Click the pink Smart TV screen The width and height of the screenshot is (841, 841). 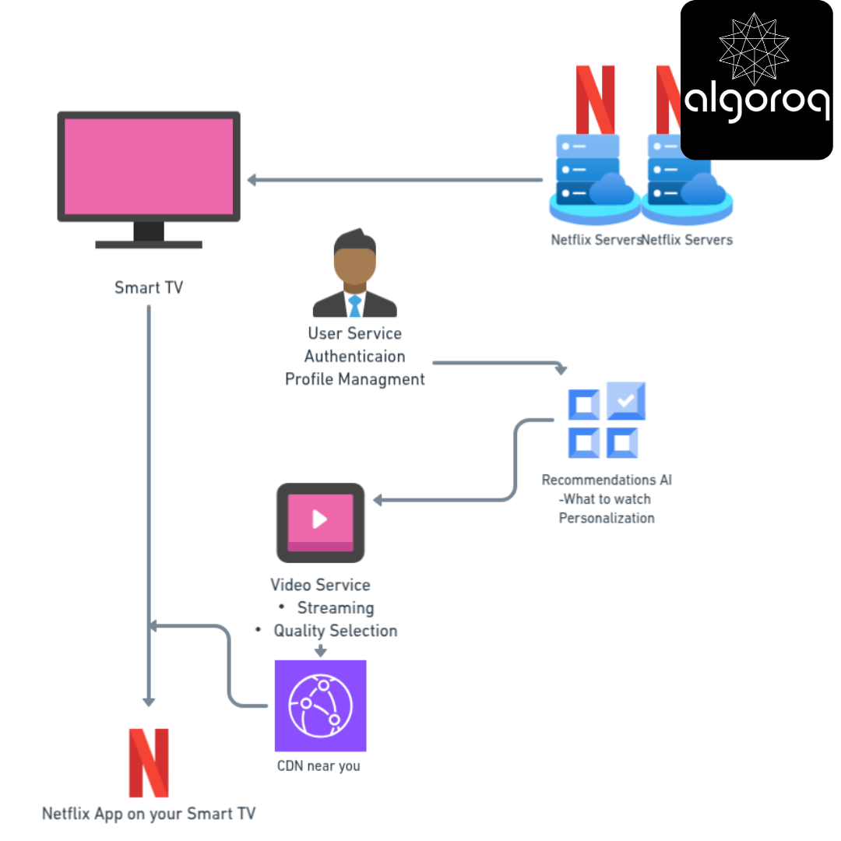tap(149, 167)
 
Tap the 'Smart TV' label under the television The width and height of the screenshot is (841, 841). tap(149, 287)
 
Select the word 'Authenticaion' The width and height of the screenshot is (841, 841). tap(354, 356)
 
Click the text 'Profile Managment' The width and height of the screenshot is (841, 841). tap(354, 379)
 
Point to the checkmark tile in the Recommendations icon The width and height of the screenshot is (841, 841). tap(626, 400)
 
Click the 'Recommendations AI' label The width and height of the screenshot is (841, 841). tap(607, 480)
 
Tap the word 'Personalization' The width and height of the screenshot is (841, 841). tap(607, 518)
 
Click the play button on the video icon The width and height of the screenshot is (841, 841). tap(320, 519)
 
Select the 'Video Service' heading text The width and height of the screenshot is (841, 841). tap(320, 585)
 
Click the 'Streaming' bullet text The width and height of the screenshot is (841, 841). tap(336, 607)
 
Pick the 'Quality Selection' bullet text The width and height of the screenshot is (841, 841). tap(336, 631)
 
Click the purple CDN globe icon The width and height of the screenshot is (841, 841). tap(320, 706)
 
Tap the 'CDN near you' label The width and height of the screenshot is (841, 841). tap(318, 766)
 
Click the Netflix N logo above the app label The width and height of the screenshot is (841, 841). tap(149, 762)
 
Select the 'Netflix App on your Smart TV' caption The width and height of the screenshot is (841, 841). tap(149, 814)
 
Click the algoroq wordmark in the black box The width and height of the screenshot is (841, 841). tap(757, 102)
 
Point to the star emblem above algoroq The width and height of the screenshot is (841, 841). tap(754, 49)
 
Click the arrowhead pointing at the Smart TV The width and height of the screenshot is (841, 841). tap(252, 180)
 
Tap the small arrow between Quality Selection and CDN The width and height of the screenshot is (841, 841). tap(320, 650)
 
